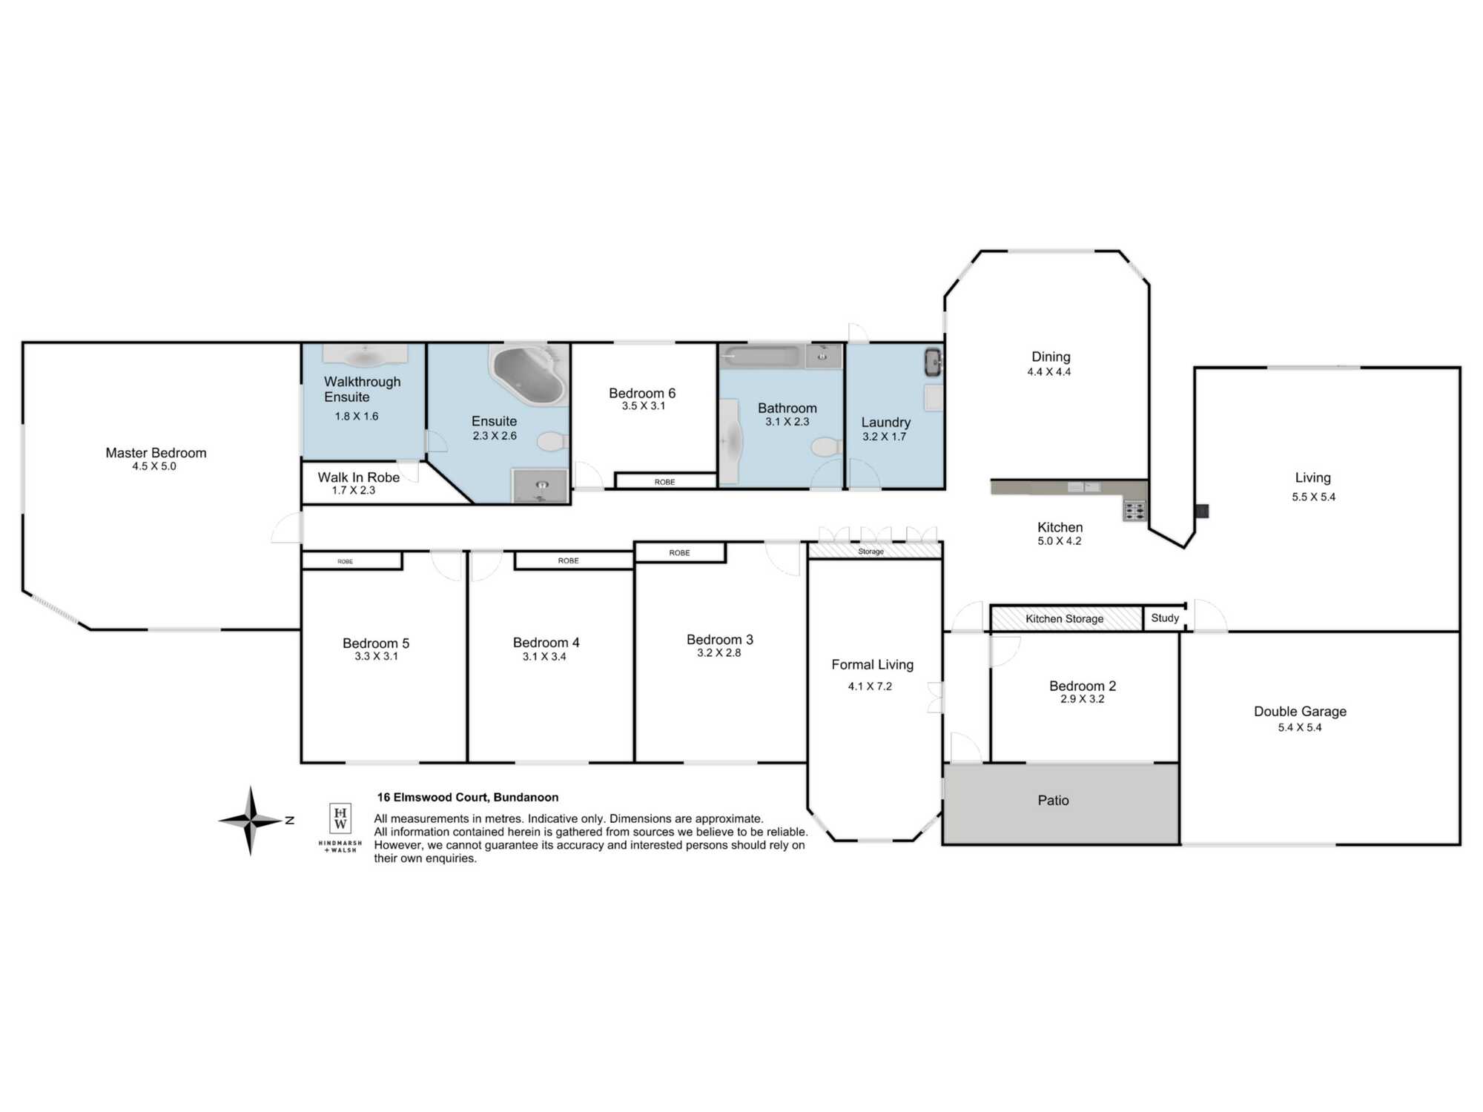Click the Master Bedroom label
[156, 453]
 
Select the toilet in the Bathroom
[827, 447]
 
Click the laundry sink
[933, 362]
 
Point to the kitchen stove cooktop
[1134, 510]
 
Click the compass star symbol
[251, 821]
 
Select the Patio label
[1053, 801]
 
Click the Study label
[1165, 618]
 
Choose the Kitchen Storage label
[1064, 619]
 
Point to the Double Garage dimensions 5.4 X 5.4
[1300, 727]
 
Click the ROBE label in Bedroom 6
[664, 482]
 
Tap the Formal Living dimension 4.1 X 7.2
[870, 686]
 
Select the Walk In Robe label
[359, 477]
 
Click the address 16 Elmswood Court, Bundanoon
[468, 798]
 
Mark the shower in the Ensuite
[541, 486]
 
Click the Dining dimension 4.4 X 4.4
[1049, 372]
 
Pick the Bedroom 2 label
[1083, 686]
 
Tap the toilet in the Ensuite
[552, 443]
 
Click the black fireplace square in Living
[1202, 511]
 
